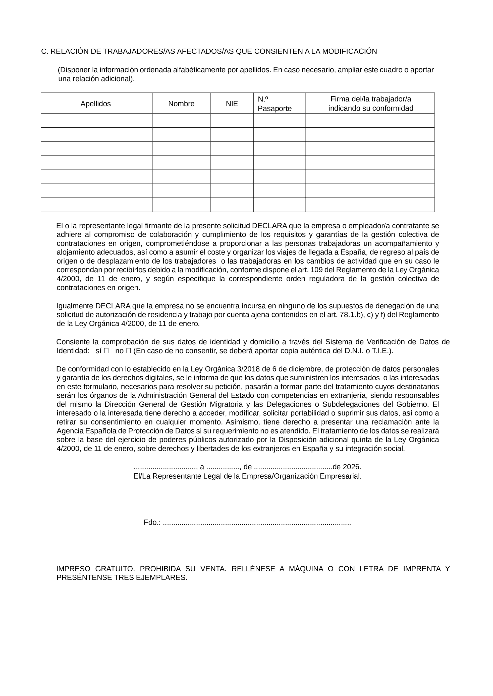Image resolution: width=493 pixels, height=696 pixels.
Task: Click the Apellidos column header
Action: pos(96,104)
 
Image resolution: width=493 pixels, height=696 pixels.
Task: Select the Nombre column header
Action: pos(181,104)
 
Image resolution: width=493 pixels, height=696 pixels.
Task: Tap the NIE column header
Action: pos(232,104)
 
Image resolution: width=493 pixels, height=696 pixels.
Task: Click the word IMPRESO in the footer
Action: pos(73,569)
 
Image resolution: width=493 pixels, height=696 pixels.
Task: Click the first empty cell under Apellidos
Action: pos(96,120)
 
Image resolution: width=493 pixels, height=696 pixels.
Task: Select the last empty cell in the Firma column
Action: pos(370,205)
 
